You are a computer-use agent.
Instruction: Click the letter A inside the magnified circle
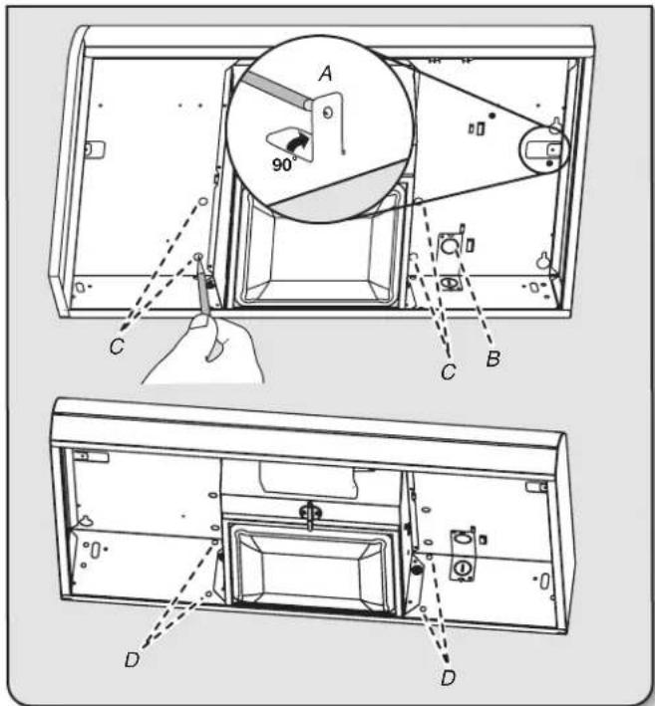(325, 73)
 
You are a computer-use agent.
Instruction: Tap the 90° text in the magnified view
(284, 164)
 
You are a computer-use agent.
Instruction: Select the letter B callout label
(493, 358)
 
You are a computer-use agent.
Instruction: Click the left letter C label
(117, 347)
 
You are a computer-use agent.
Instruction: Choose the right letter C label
(448, 371)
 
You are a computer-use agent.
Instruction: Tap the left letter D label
(132, 660)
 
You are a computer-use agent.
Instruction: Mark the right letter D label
(448, 678)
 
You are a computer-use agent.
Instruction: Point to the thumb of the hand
(198, 323)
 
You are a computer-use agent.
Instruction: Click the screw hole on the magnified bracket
(328, 113)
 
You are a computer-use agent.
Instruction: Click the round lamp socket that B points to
(450, 247)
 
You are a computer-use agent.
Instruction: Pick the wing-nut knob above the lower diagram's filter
(310, 513)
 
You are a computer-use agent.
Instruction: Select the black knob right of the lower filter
(417, 571)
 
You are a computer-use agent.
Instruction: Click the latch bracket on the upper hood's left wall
(95, 149)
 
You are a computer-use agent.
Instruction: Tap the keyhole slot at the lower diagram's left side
(84, 521)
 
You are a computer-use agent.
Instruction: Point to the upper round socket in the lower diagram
(461, 538)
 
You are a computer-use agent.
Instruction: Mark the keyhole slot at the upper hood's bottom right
(544, 260)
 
